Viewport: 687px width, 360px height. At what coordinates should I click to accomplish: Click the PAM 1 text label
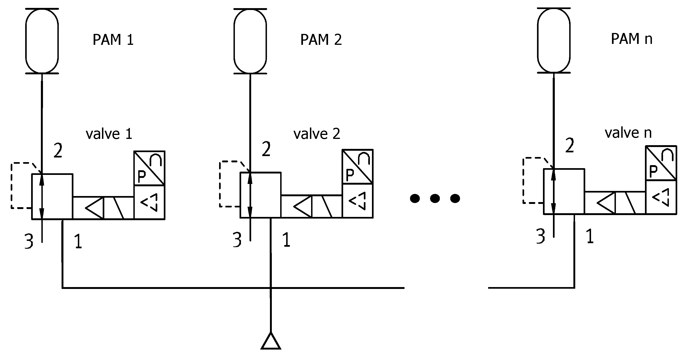pyautogui.click(x=113, y=40)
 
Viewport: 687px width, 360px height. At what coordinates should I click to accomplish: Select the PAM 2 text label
pyautogui.click(x=321, y=40)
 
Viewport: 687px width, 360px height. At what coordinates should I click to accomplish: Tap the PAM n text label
pyautogui.click(x=631, y=39)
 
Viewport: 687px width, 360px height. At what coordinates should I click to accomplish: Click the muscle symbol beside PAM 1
pyautogui.click(x=42, y=41)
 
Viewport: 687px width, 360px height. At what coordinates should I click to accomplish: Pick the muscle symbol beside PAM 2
pyautogui.click(x=250, y=41)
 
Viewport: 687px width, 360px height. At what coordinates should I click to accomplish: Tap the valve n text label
pyautogui.click(x=628, y=133)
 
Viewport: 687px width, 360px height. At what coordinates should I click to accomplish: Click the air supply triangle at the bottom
pyautogui.click(x=271, y=342)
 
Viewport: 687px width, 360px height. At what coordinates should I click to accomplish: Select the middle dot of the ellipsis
pyautogui.click(x=435, y=198)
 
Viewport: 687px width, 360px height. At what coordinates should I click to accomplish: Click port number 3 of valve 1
pyautogui.click(x=29, y=241)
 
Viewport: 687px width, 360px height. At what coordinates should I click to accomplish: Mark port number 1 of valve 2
pyautogui.click(x=286, y=240)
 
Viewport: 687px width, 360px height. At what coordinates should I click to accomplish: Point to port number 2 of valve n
pyautogui.click(x=570, y=146)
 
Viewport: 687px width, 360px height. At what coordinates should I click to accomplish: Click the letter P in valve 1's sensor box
pyautogui.click(x=142, y=177)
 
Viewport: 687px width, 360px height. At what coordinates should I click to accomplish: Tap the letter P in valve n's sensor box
pyautogui.click(x=653, y=171)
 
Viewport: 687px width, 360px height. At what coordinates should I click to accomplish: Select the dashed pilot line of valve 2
pyautogui.click(x=220, y=184)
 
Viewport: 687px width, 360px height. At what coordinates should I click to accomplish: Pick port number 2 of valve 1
pyautogui.click(x=58, y=151)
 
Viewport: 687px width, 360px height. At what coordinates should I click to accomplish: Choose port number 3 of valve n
pyautogui.click(x=540, y=236)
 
